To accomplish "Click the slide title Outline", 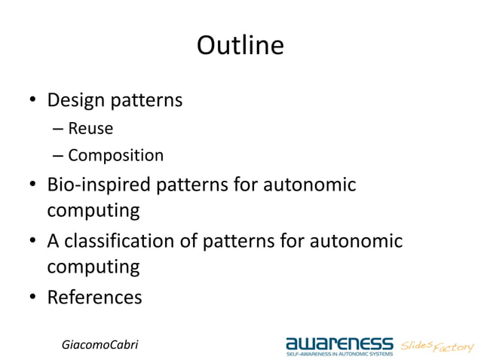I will point(240,46).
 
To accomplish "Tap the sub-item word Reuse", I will point(90,128).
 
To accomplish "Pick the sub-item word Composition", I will point(115,156).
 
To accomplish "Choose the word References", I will point(94,297).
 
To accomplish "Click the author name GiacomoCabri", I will point(100,344).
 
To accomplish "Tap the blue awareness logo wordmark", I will point(339,343).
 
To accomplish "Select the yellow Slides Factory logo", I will point(437,346).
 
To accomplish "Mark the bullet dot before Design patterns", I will point(33,100).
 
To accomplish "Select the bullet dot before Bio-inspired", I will point(33,185).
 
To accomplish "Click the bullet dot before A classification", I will point(33,242).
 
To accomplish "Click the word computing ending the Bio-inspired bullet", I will point(93,210).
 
